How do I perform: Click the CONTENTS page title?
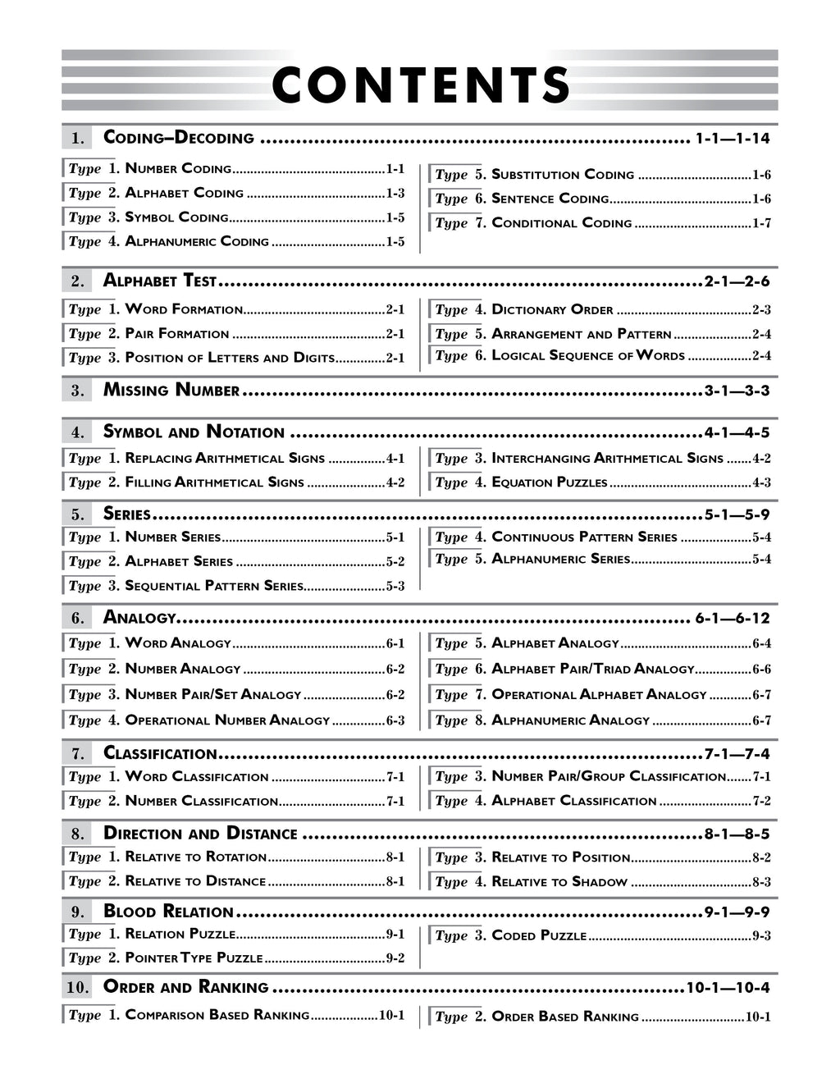click(x=420, y=85)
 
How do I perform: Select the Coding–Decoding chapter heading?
click(x=179, y=138)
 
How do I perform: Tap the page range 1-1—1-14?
click(x=733, y=139)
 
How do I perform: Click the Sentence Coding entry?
click(x=550, y=199)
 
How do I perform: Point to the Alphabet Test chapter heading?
click(x=160, y=281)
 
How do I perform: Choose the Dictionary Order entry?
click(x=552, y=310)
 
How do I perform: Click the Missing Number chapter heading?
click(x=171, y=390)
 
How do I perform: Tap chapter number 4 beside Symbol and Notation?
click(x=77, y=432)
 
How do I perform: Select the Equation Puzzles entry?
click(x=549, y=482)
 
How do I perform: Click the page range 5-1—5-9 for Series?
click(x=737, y=515)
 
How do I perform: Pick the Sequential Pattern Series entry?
click(x=213, y=586)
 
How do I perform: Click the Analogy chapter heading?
click(x=139, y=618)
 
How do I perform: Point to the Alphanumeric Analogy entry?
click(x=570, y=720)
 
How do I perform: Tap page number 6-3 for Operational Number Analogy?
click(x=395, y=720)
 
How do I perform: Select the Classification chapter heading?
click(x=160, y=753)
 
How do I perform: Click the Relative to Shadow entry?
click(x=559, y=882)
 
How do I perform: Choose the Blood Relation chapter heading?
click(x=168, y=912)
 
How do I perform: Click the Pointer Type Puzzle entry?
click(x=194, y=958)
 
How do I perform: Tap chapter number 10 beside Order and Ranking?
click(x=77, y=988)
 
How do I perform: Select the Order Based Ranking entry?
click(x=564, y=1017)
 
